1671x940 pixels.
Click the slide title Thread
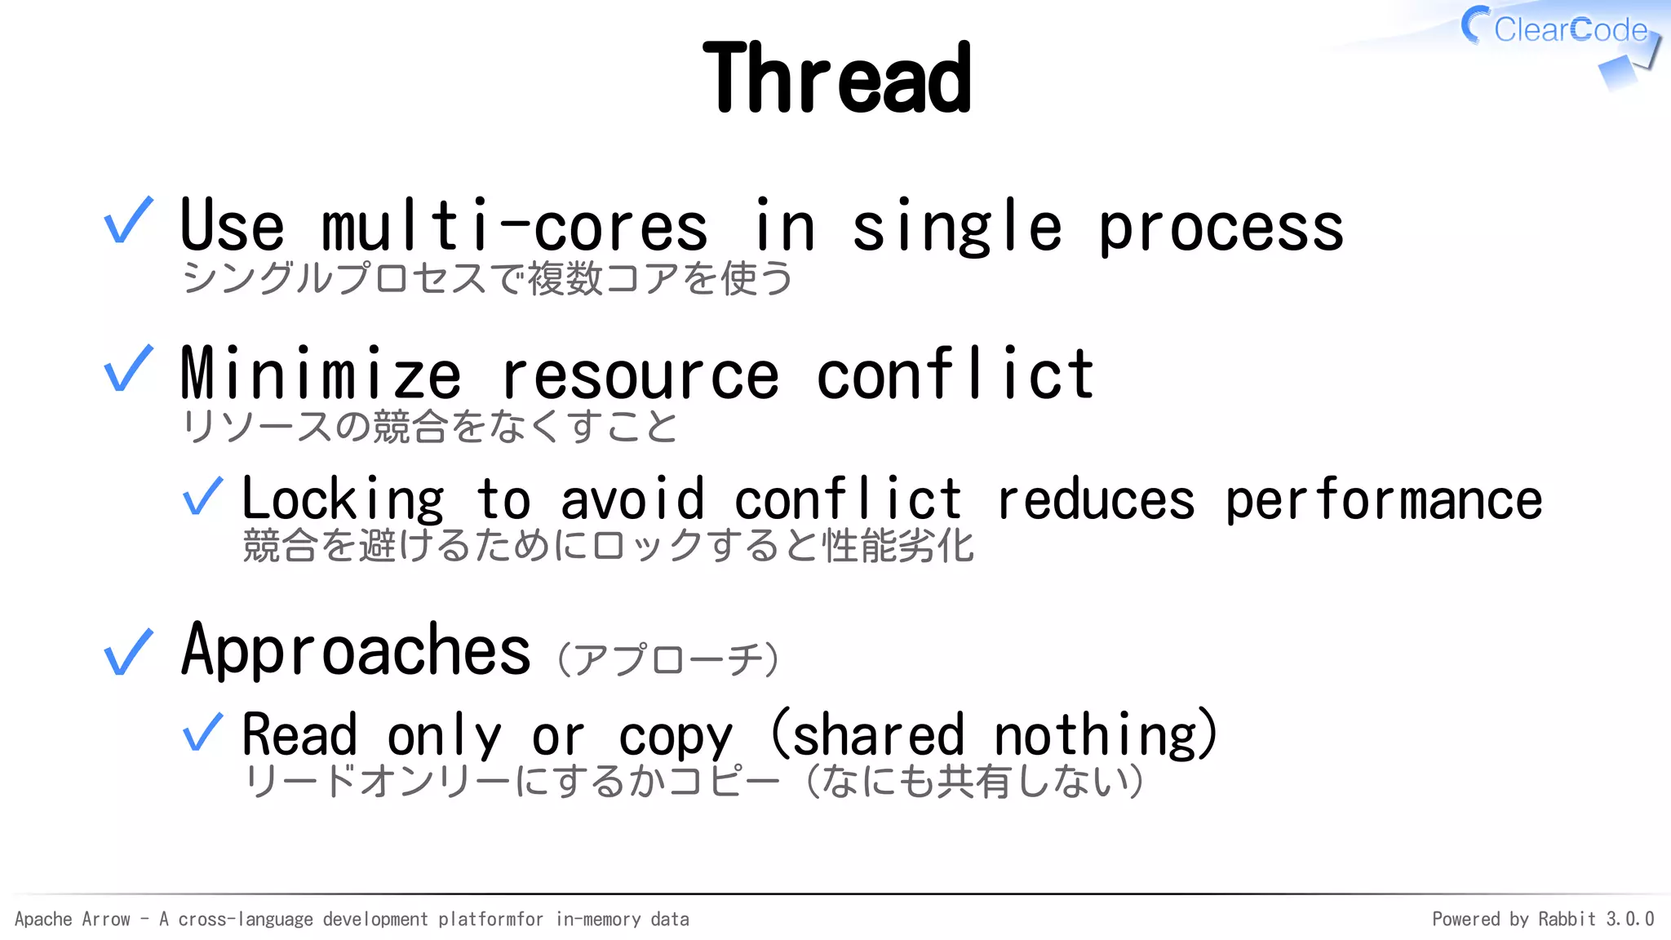click(836, 78)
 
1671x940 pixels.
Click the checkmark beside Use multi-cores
click(129, 220)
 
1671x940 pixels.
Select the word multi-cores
click(514, 227)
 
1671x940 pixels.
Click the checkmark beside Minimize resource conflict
click(129, 369)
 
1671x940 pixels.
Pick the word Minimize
click(321, 374)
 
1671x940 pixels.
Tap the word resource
click(640, 377)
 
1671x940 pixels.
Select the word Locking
click(343, 499)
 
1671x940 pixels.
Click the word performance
click(1384, 501)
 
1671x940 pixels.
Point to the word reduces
click(1096, 499)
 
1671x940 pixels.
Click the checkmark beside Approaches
click(129, 652)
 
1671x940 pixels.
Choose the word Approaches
click(356, 650)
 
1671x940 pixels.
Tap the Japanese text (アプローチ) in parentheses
click(668, 659)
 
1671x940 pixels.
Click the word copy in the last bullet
click(676, 738)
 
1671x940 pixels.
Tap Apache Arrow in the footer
click(73, 920)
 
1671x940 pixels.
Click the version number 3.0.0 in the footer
click(1629, 920)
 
